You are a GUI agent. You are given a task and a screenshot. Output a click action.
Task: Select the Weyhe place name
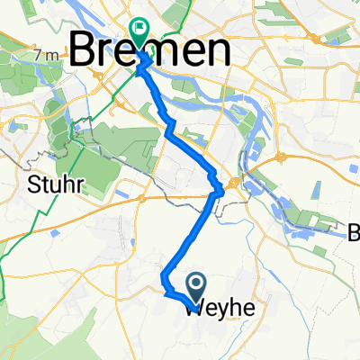(220, 309)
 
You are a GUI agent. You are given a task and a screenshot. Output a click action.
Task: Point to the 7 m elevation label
(45, 57)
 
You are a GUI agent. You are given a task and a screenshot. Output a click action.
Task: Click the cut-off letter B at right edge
(354, 235)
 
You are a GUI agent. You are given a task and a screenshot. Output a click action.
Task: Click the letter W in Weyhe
(195, 309)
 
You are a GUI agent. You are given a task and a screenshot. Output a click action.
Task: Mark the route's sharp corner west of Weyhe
(166, 288)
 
